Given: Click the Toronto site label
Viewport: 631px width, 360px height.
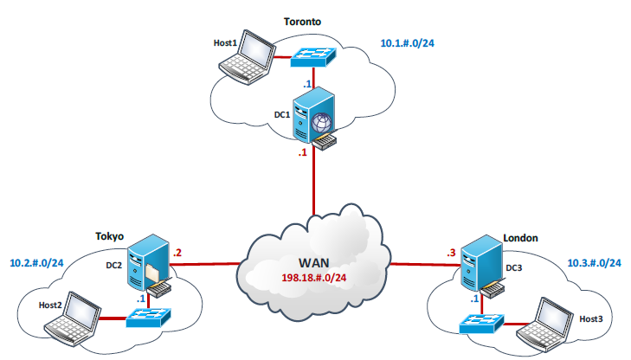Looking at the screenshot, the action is pyautogui.click(x=302, y=22).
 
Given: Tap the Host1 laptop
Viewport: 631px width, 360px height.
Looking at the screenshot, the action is pyautogui.click(x=248, y=57).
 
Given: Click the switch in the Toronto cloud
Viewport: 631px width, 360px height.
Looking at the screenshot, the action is pyautogui.click(x=313, y=57).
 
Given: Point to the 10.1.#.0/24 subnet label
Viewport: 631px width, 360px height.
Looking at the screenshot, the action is pyautogui.click(x=408, y=43).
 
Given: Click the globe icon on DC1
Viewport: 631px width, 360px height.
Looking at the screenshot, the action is pyautogui.click(x=321, y=123).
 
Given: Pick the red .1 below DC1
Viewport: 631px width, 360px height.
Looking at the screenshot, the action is pyautogui.click(x=302, y=153).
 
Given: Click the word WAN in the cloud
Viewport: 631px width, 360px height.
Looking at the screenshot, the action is pyautogui.click(x=314, y=263).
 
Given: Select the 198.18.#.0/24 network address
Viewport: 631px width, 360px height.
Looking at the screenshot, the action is pyautogui.click(x=314, y=278).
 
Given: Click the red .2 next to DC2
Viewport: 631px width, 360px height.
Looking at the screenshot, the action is pyautogui.click(x=177, y=253).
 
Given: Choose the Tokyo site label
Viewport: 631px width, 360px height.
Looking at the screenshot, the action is pyautogui.click(x=109, y=236).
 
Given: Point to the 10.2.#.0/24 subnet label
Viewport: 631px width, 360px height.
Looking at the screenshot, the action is pyautogui.click(x=36, y=263).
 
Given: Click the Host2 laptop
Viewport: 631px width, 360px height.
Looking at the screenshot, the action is pyautogui.click(x=73, y=318).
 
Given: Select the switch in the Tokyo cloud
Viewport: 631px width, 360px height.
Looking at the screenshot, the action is pyautogui.click(x=149, y=318).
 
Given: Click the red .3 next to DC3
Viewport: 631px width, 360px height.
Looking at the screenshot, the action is pyautogui.click(x=451, y=253).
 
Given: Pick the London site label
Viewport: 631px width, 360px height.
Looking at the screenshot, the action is pyautogui.click(x=520, y=238).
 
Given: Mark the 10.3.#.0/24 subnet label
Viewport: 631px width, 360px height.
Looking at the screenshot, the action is pyautogui.click(x=595, y=263).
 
